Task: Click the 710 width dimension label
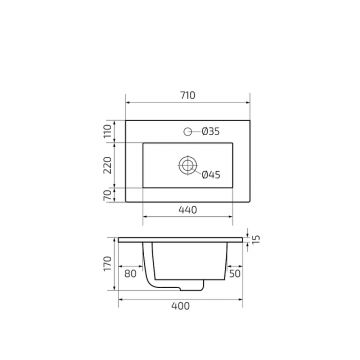pyautogui.click(x=188, y=95)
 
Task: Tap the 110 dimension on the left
pyautogui.click(x=107, y=131)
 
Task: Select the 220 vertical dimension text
pyautogui.click(x=107, y=165)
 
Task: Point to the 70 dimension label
pyautogui.click(x=107, y=195)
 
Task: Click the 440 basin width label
pyautogui.click(x=188, y=210)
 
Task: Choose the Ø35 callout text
pyautogui.click(x=211, y=132)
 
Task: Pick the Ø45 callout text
pyautogui.click(x=211, y=174)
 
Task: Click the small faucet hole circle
pyautogui.click(x=188, y=132)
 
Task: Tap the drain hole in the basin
pyautogui.click(x=187, y=165)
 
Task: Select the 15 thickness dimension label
pyautogui.click(x=256, y=239)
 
